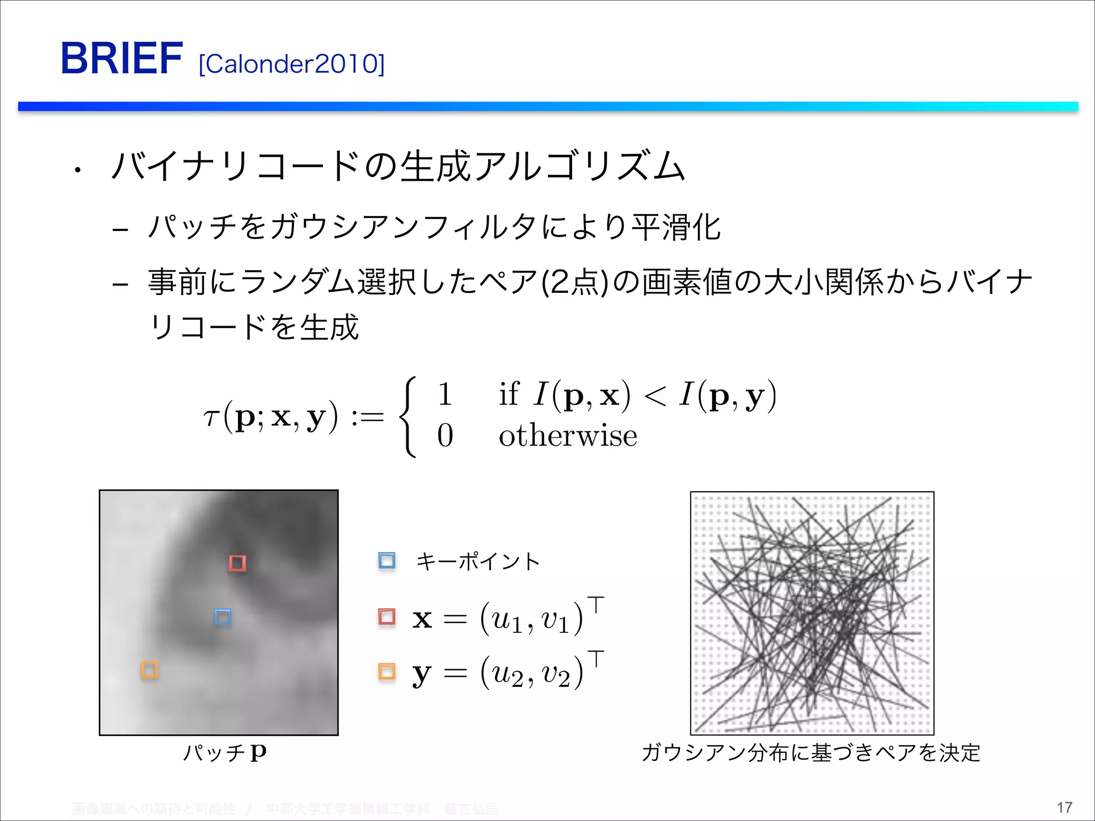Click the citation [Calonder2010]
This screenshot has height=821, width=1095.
(291, 64)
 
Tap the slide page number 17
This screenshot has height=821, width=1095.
(1064, 807)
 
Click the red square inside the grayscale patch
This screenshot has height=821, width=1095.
(237, 563)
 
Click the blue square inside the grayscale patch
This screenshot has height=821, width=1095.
(222, 617)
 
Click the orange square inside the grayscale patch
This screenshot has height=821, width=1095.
(149, 670)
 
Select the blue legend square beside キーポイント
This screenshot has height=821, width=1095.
(387, 561)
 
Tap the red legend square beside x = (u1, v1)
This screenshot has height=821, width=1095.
(387, 616)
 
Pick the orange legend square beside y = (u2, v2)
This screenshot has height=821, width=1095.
(387, 671)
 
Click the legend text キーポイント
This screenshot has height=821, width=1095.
(478, 562)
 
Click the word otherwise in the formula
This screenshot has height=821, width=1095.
(568, 436)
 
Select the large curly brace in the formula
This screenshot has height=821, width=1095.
(408, 417)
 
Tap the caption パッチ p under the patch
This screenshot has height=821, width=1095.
(225, 753)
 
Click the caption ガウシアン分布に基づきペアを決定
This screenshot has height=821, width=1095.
(811, 753)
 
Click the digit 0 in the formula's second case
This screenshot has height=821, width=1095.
(445, 436)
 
